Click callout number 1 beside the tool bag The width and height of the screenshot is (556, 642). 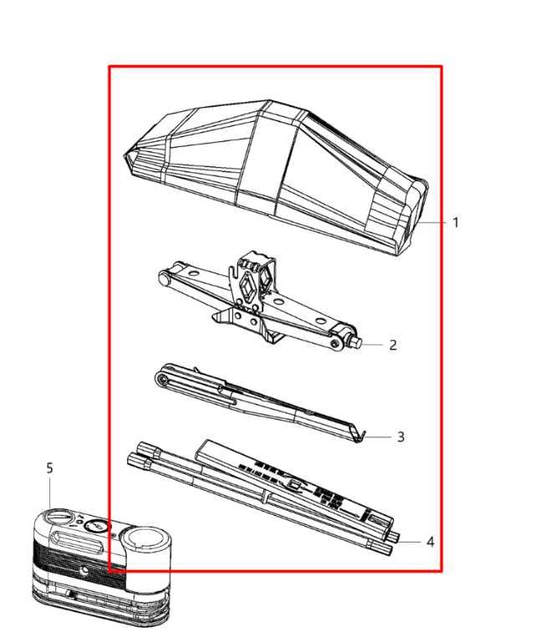pyautogui.click(x=456, y=222)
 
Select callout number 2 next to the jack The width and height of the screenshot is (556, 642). pyautogui.click(x=393, y=345)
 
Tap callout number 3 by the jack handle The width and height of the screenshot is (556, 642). pyautogui.click(x=400, y=437)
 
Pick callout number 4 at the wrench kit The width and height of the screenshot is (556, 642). pyautogui.click(x=430, y=542)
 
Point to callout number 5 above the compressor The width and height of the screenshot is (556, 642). pyautogui.click(x=49, y=468)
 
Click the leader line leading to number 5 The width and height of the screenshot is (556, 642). pyautogui.click(x=50, y=492)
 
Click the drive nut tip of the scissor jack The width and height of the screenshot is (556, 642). pyautogui.click(x=355, y=342)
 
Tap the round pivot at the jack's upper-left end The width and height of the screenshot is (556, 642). pyautogui.click(x=164, y=279)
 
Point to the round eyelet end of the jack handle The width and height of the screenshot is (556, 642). pyautogui.click(x=163, y=380)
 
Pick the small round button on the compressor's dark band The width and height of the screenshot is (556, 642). pyautogui.click(x=84, y=570)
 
